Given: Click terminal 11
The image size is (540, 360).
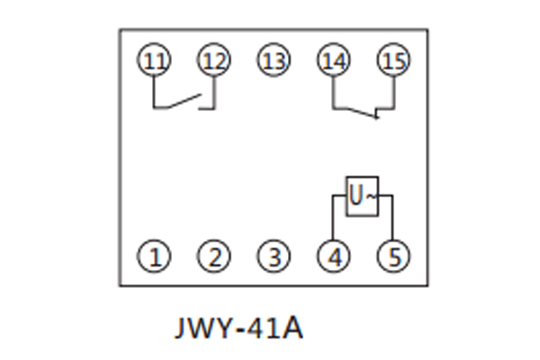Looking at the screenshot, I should (155, 61).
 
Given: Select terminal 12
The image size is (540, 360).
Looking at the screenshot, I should (214, 61).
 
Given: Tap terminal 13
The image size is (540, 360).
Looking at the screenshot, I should (274, 61).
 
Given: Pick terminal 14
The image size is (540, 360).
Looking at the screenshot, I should (333, 61).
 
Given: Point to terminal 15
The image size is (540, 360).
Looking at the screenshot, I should (392, 61).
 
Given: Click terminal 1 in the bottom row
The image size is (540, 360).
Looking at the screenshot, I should (155, 257).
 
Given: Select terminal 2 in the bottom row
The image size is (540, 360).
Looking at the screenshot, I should (214, 257).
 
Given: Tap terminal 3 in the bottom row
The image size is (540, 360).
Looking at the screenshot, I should (274, 257).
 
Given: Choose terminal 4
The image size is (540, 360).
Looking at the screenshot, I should (333, 257).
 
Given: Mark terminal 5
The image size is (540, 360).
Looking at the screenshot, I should (392, 257).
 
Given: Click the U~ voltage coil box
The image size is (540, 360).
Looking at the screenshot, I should (363, 195).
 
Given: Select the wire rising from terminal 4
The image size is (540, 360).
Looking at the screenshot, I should (333, 220).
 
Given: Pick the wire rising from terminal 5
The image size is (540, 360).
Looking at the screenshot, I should (392, 220).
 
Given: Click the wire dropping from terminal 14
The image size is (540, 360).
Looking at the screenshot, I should (333, 92).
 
